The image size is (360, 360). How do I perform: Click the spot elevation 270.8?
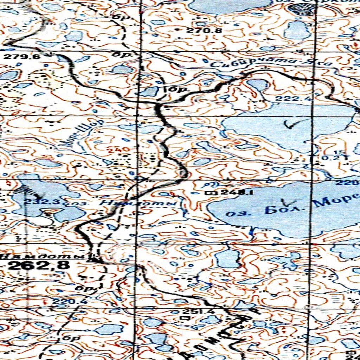click(x=204, y=31)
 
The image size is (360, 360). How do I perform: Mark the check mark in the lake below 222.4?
click(x=291, y=124)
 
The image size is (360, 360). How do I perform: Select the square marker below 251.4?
click(x=182, y=318)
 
